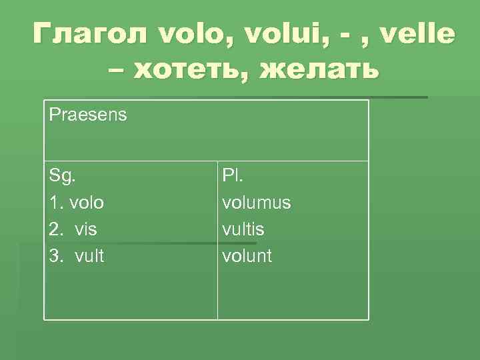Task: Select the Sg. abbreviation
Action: pyautogui.click(x=62, y=177)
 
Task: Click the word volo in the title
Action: pyautogui.click(x=202, y=31)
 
